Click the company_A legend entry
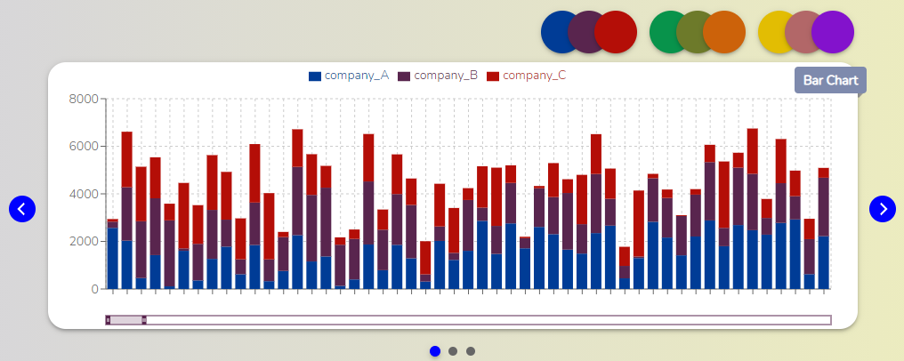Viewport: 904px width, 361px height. [349, 76]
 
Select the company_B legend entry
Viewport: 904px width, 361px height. [438, 76]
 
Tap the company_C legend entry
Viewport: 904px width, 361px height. [527, 76]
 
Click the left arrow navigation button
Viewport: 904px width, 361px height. [22, 209]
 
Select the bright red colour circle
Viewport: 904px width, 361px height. [616, 32]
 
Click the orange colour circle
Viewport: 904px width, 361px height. [724, 32]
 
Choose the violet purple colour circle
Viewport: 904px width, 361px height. [833, 32]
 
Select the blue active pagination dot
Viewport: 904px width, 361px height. [435, 351]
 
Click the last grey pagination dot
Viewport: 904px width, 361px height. [471, 351]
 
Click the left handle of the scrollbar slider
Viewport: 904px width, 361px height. [108, 320]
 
